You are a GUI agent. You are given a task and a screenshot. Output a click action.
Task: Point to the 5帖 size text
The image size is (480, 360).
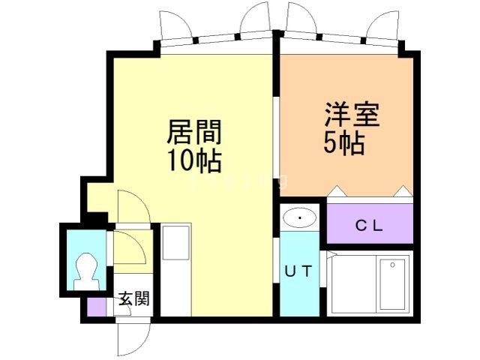click(345, 142)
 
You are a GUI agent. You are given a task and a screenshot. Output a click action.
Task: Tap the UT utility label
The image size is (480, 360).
click(298, 271)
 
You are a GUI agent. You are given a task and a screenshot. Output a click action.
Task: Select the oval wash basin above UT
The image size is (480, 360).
click(301, 218)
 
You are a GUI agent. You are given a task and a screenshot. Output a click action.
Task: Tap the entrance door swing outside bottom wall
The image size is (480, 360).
click(128, 337)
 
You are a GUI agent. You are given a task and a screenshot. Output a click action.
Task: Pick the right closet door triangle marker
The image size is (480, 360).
click(405, 191)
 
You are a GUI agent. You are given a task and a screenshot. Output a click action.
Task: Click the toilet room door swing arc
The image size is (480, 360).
click(128, 247)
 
